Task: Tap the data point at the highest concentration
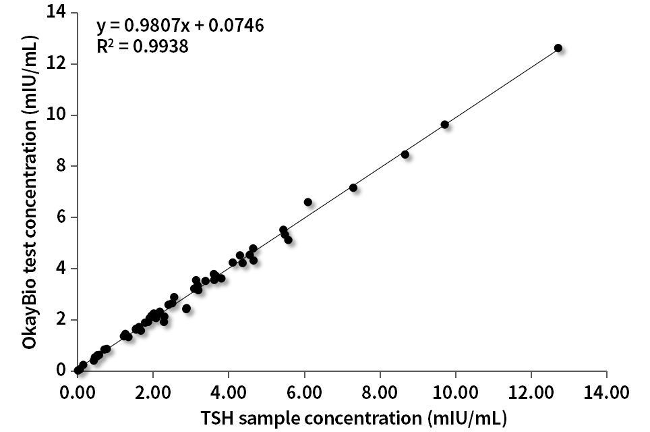(558, 48)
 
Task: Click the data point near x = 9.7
(444, 124)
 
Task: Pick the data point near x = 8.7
(405, 154)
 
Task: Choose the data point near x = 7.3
(353, 188)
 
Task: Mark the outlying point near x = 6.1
(308, 202)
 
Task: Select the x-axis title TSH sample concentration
(342, 416)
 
